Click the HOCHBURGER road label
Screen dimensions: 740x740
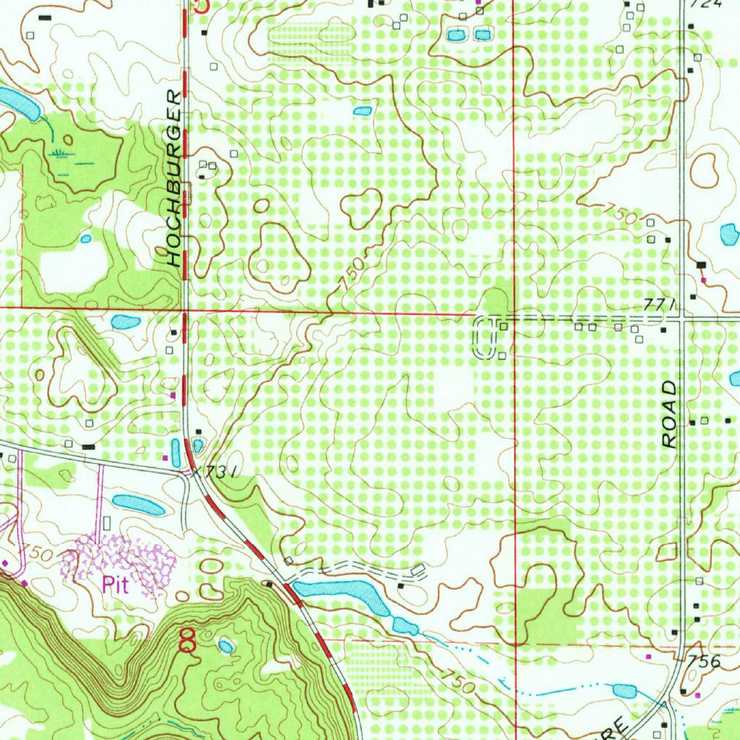click(x=173, y=178)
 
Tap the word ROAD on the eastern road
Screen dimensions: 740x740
click(x=671, y=416)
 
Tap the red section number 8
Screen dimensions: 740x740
click(x=187, y=640)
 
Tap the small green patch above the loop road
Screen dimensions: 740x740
click(x=496, y=301)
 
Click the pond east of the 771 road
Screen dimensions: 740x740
click(x=730, y=234)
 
